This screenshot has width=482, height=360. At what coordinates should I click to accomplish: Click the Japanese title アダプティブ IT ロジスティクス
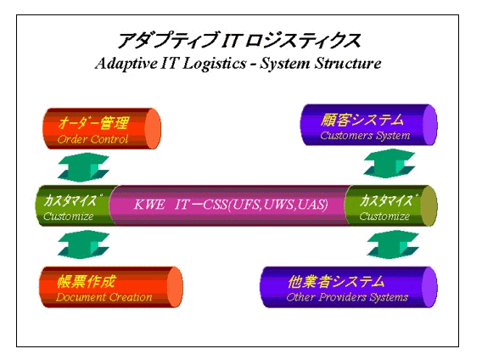(x=238, y=40)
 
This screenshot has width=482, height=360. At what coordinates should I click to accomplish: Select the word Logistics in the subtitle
(x=215, y=64)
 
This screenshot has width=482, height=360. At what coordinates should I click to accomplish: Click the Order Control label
(x=92, y=139)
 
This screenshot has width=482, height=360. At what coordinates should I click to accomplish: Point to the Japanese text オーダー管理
(x=93, y=123)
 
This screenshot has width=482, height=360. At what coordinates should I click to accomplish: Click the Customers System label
(x=365, y=135)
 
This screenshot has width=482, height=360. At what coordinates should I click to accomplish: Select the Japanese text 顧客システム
(x=361, y=120)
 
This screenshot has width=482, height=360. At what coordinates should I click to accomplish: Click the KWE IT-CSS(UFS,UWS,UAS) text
(x=231, y=205)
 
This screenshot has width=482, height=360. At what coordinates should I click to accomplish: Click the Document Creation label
(x=104, y=297)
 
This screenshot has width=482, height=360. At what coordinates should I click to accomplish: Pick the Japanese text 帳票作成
(x=86, y=281)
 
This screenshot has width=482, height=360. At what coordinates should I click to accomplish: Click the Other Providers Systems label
(x=347, y=297)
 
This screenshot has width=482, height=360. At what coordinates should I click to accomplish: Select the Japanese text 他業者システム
(x=336, y=281)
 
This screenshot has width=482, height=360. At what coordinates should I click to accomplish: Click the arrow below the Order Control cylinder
(x=84, y=166)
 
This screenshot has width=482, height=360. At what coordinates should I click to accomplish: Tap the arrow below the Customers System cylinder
(x=390, y=163)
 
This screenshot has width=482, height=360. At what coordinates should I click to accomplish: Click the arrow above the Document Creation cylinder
(x=84, y=245)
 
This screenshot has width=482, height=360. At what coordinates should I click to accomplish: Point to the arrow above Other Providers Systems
(x=393, y=244)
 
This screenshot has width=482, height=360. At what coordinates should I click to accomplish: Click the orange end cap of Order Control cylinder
(x=153, y=128)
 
